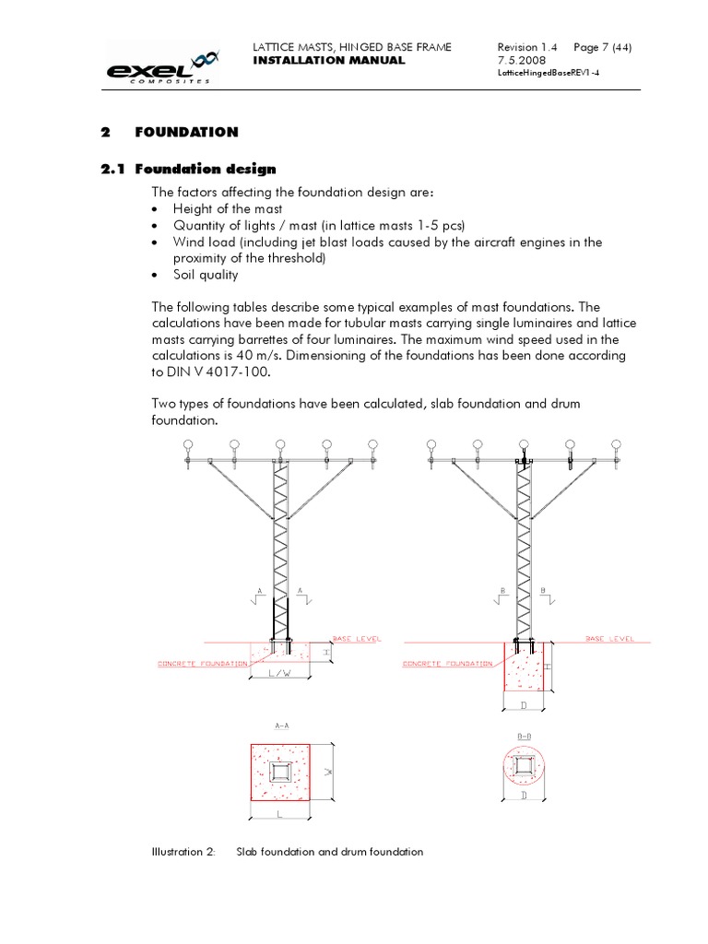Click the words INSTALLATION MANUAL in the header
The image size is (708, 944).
click(328, 60)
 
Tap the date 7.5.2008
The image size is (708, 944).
click(522, 60)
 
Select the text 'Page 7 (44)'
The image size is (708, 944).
click(603, 47)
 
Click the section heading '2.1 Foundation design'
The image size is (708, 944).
click(188, 169)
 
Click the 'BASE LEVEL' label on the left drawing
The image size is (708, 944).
click(356, 638)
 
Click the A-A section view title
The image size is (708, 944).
click(282, 726)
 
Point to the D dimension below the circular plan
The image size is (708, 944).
click(522, 795)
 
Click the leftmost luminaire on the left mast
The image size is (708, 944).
click(188, 445)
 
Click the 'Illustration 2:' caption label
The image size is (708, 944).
click(183, 852)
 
